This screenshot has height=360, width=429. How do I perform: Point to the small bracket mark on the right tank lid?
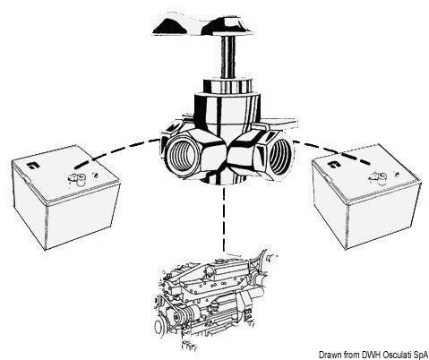333,167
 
